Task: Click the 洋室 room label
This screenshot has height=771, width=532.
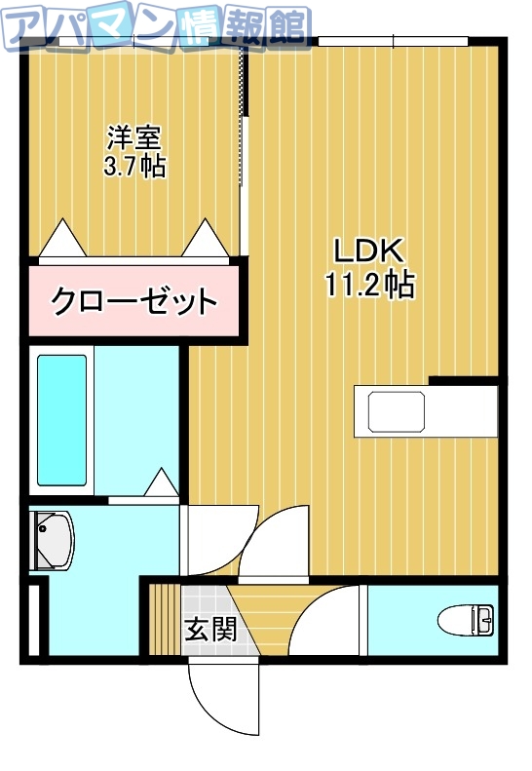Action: (135, 136)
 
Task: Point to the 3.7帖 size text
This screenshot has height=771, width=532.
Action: (135, 166)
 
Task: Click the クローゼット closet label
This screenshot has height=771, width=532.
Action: (133, 300)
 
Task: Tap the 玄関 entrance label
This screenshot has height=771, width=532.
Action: (209, 630)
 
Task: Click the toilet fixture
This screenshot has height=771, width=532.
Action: (466, 620)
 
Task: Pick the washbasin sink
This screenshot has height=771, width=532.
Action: (53, 542)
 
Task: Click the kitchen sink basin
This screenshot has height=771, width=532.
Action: (397, 410)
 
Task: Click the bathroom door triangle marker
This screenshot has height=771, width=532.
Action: (161, 482)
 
